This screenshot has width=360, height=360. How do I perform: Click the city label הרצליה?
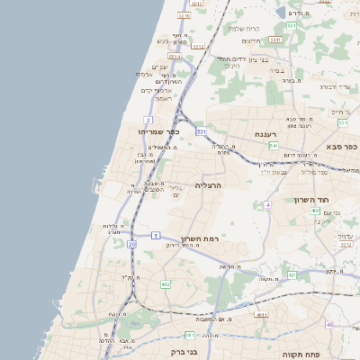(x=208, y=185)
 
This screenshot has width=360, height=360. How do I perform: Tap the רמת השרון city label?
(x=201, y=239)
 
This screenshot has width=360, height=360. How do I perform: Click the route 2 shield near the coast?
(x=147, y=120)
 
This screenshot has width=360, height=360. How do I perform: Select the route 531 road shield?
(x=202, y=132)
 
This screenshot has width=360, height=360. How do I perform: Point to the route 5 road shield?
(x=156, y=235)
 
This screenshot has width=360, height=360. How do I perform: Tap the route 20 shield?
(x=131, y=244)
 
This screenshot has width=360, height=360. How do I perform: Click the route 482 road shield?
(x=166, y=284)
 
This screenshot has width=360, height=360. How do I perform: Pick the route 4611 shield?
(x=261, y=315)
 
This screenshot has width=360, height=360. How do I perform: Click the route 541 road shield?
(x=273, y=144)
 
